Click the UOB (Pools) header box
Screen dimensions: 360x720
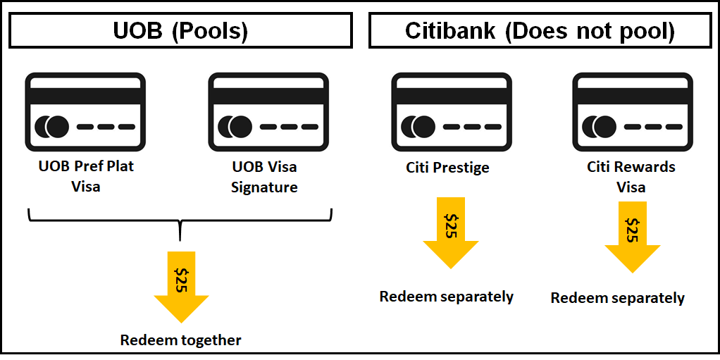(181, 31)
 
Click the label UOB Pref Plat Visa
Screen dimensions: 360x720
(86, 177)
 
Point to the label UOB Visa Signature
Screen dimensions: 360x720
(264, 177)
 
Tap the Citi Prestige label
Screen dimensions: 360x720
(447, 168)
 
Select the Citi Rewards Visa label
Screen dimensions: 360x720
(631, 177)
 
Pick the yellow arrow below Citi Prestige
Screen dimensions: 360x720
(450, 232)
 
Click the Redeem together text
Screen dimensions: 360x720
(181, 341)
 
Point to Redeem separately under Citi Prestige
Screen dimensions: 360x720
(447, 297)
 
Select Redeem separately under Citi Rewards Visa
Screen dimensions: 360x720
(618, 299)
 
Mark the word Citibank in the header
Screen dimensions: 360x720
(455, 31)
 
